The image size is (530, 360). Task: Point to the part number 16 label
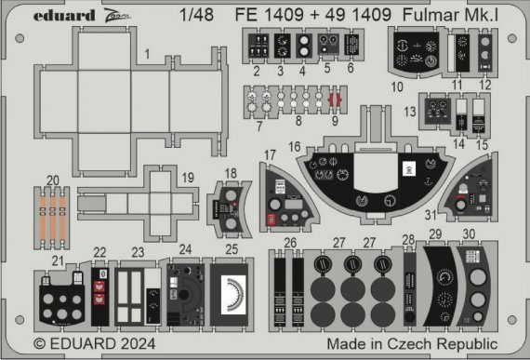click(294, 147)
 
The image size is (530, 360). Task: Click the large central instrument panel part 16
click(372, 182)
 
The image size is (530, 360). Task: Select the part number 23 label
click(137, 251)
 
